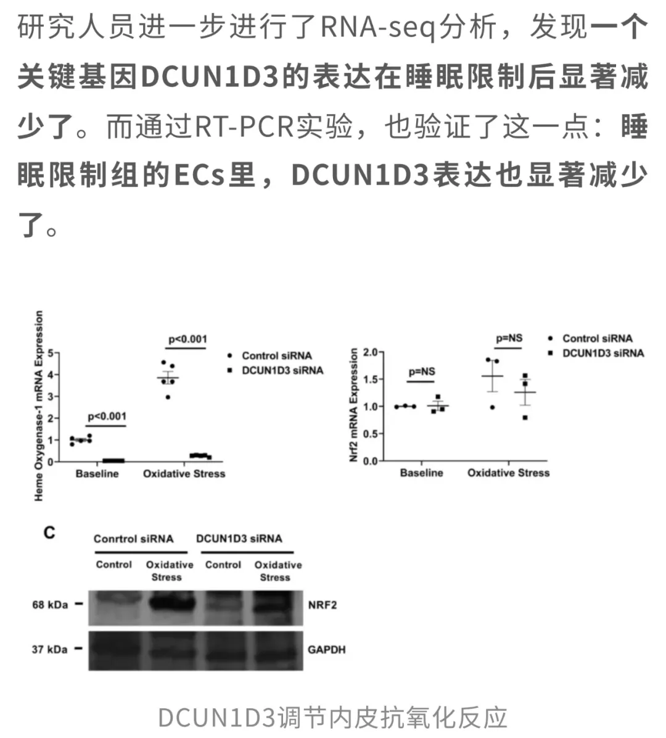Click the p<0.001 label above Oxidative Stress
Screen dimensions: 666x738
(187, 339)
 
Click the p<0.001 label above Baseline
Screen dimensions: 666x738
(107, 416)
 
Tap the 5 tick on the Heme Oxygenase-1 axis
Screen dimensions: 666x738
(51, 352)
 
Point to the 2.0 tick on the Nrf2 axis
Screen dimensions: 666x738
(371, 352)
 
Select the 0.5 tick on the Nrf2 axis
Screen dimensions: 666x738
(371, 433)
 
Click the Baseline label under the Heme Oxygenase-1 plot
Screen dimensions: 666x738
(97, 473)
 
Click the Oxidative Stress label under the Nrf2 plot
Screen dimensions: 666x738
(508, 473)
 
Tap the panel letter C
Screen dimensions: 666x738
(49, 533)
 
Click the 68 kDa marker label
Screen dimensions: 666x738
(50, 604)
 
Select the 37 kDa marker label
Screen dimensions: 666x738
(49, 649)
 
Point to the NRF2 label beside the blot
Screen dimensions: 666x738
(323, 605)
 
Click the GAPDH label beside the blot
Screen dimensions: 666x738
(327, 650)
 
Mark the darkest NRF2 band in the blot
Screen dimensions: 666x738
(171, 603)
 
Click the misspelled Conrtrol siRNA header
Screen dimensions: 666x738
(134, 539)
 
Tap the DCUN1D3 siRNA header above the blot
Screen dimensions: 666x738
(239, 539)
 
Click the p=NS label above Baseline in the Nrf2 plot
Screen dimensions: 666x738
(422, 372)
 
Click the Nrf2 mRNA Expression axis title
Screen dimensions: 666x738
(354, 405)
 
